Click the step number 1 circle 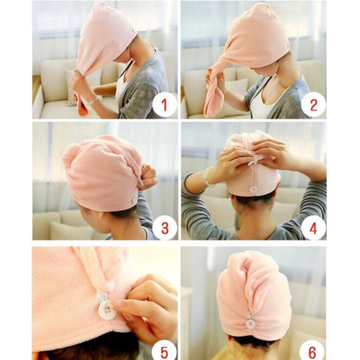[164, 104]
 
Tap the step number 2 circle [313, 104]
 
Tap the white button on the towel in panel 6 [250, 324]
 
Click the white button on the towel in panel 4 [254, 190]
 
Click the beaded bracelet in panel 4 [209, 177]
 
